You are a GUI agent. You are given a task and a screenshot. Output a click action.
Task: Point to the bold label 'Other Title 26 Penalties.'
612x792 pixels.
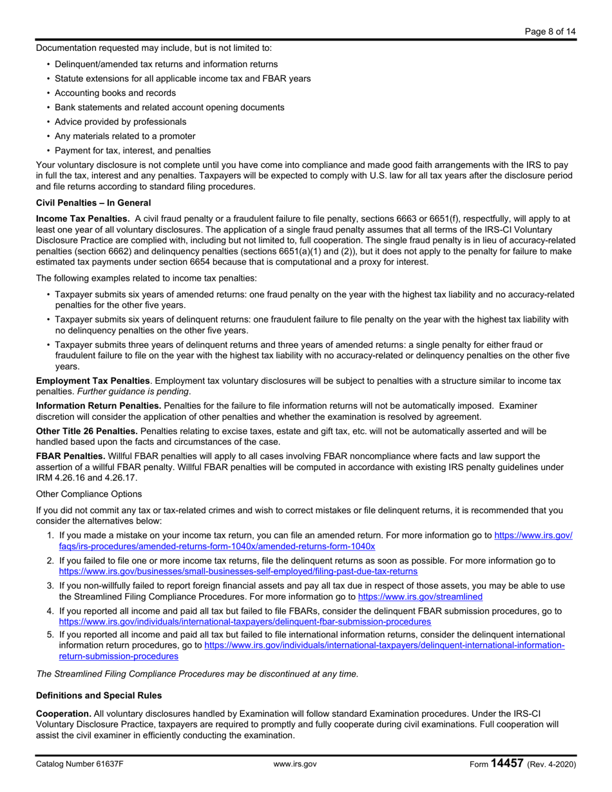[87, 430]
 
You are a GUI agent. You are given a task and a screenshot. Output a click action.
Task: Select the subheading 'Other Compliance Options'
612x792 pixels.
[89, 494]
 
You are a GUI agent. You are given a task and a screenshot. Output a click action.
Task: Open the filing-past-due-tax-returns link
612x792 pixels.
[238, 570]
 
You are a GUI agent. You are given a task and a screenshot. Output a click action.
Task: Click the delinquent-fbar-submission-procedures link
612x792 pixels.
[245, 621]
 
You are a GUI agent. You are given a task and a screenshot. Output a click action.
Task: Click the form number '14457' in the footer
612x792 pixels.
[507, 764]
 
